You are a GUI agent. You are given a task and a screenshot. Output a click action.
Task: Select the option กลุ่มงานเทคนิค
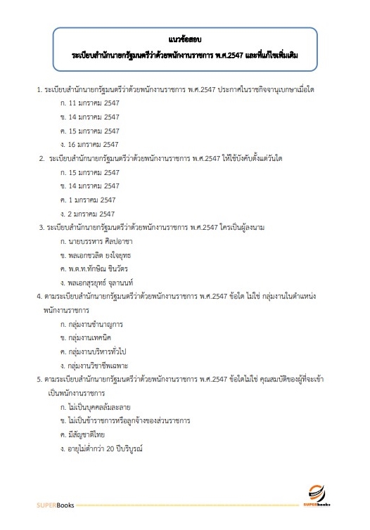click(89, 337)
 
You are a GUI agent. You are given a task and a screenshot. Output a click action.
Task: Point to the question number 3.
click(42, 227)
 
